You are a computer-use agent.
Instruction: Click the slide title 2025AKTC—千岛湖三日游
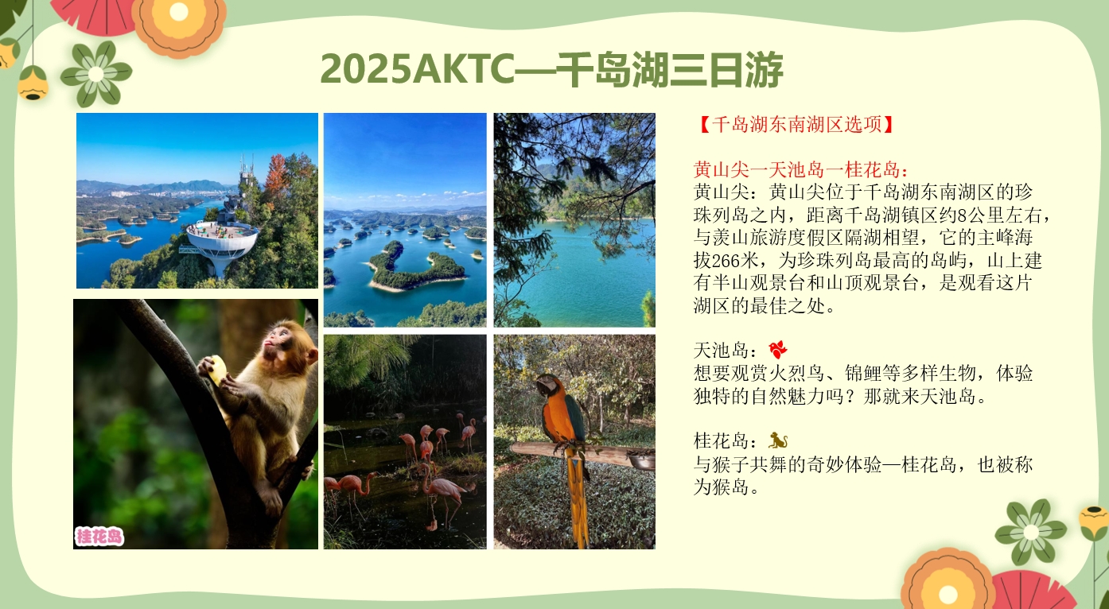tap(551, 70)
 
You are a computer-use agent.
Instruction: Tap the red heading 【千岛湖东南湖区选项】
tap(797, 124)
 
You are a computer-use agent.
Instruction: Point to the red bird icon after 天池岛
tap(778, 349)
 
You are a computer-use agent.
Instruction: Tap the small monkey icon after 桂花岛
tap(778, 440)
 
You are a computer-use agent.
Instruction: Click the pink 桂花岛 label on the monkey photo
tap(99, 537)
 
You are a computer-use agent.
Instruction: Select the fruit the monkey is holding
tap(217, 369)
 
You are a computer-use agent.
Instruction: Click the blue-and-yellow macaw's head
tap(549, 384)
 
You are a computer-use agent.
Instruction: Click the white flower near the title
tap(96, 74)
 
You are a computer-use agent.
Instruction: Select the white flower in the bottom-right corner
tap(1031, 533)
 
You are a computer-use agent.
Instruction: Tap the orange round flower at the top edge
tap(179, 20)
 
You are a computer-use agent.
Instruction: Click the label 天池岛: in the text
tap(726, 350)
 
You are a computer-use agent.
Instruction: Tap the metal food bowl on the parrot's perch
tap(642, 461)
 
